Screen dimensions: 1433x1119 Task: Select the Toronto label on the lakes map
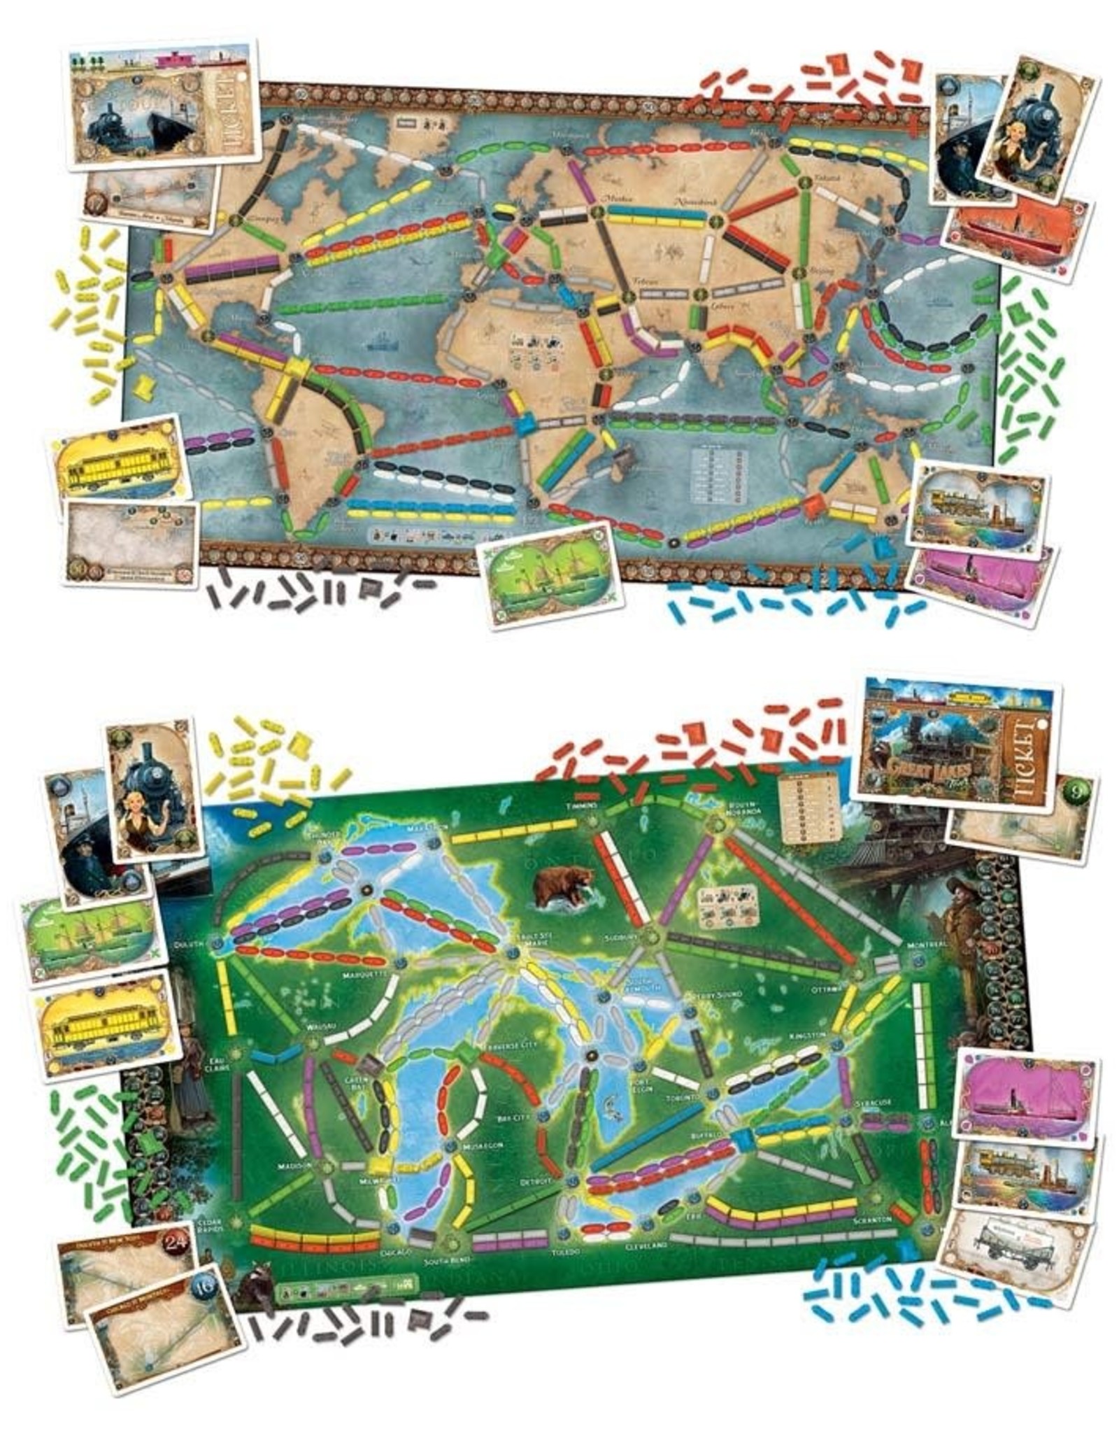click(x=683, y=1098)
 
